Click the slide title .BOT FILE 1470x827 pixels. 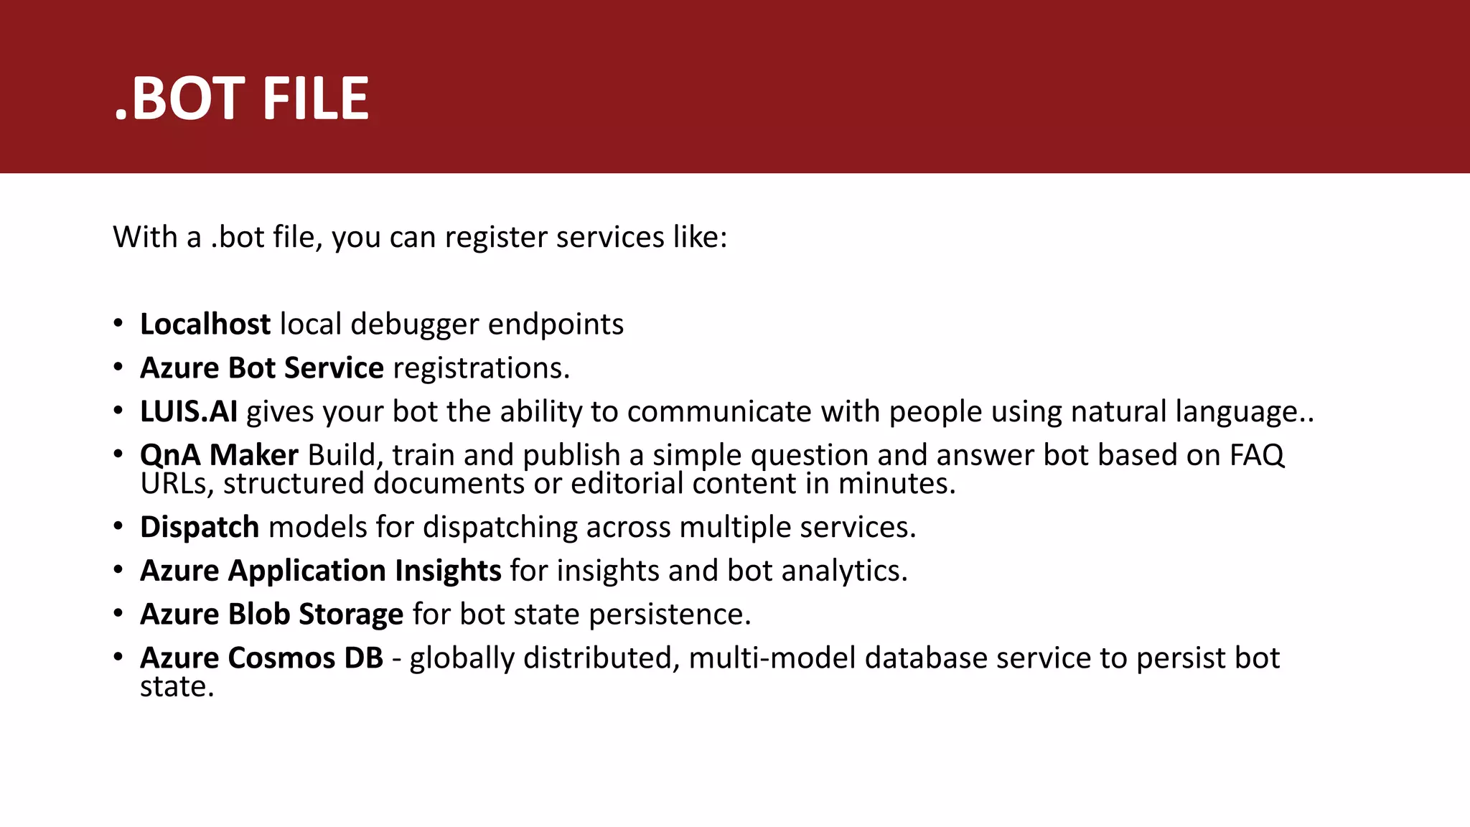[242, 99]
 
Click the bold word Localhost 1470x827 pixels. [205, 324]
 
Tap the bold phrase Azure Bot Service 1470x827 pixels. [262, 368]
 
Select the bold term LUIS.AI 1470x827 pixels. [189, 412]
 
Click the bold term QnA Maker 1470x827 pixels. [219, 455]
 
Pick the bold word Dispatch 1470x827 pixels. [200, 528]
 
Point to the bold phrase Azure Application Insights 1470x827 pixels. [320, 571]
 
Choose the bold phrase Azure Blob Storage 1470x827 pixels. [271, 615]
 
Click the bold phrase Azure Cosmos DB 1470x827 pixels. [261, 658]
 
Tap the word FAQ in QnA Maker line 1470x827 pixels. [1257, 455]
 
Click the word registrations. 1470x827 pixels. [482, 368]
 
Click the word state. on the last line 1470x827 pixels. [177, 687]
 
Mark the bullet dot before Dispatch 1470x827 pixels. [118, 526]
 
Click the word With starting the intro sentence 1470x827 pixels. [145, 237]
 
